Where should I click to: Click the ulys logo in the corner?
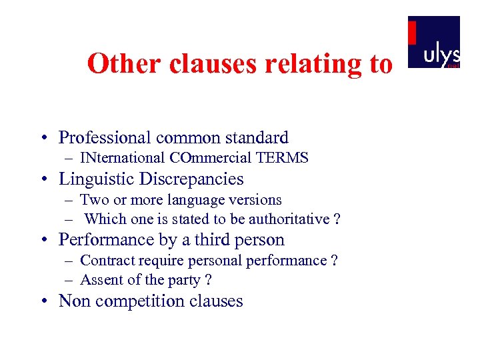[x=433, y=42]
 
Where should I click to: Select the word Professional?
[x=105, y=138]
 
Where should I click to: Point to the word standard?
[x=257, y=138]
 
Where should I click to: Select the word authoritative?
[x=289, y=219]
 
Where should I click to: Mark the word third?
[x=219, y=240]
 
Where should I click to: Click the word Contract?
[x=106, y=261]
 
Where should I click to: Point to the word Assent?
[x=99, y=279]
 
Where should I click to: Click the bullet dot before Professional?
[x=42, y=139]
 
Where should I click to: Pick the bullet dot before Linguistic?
[x=42, y=180]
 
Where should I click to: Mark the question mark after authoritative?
[x=337, y=219]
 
